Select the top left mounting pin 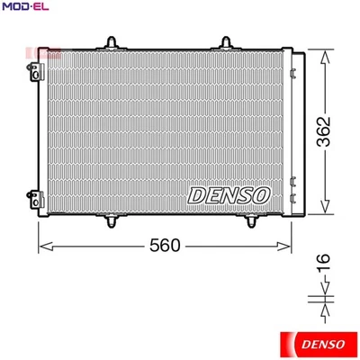click(112, 41)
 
